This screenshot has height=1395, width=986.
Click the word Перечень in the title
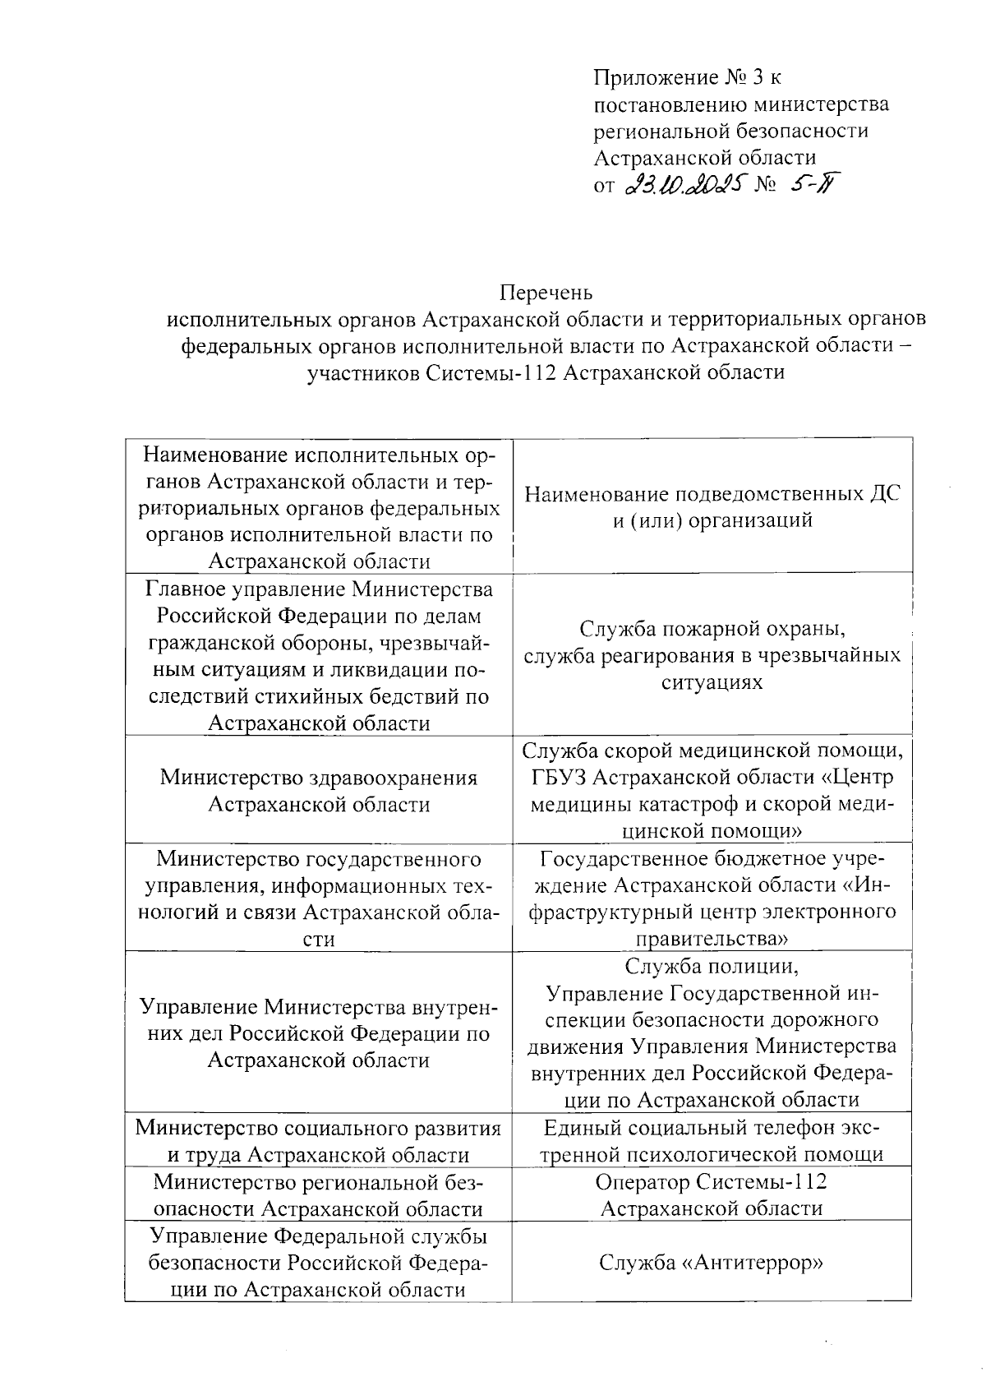pyautogui.click(x=546, y=293)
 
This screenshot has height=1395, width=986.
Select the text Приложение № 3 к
pyautogui.click(x=687, y=78)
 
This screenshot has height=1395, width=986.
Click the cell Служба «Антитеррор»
pyautogui.click(x=712, y=1262)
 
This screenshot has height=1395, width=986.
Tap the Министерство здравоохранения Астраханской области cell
pyautogui.click(x=319, y=791)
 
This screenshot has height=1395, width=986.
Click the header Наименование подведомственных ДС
pyautogui.click(x=712, y=494)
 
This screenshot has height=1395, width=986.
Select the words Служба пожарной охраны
pyautogui.click(x=712, y=629)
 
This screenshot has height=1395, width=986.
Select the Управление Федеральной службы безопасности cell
pyautogui.click(x=319, y=1262)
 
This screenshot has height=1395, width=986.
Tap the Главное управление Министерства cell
pyautogui.click(x=319, y=655)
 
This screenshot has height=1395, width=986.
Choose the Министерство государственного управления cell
pyautogui.click(x=319, y=898)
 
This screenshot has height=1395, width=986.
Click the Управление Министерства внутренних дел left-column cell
pyautogui.click(x=319, y=1033)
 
